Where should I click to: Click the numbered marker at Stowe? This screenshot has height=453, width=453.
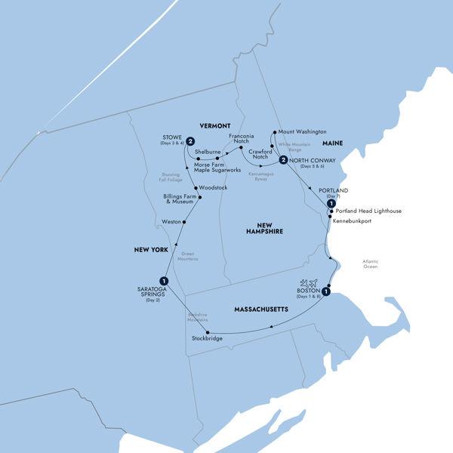(191, 140)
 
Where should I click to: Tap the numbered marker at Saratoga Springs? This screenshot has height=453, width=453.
(163, 282)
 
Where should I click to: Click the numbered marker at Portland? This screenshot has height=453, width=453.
(330, 203)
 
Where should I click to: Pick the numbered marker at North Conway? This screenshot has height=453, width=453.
(282, 160)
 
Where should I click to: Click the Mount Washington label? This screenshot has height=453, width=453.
(306, 131)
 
